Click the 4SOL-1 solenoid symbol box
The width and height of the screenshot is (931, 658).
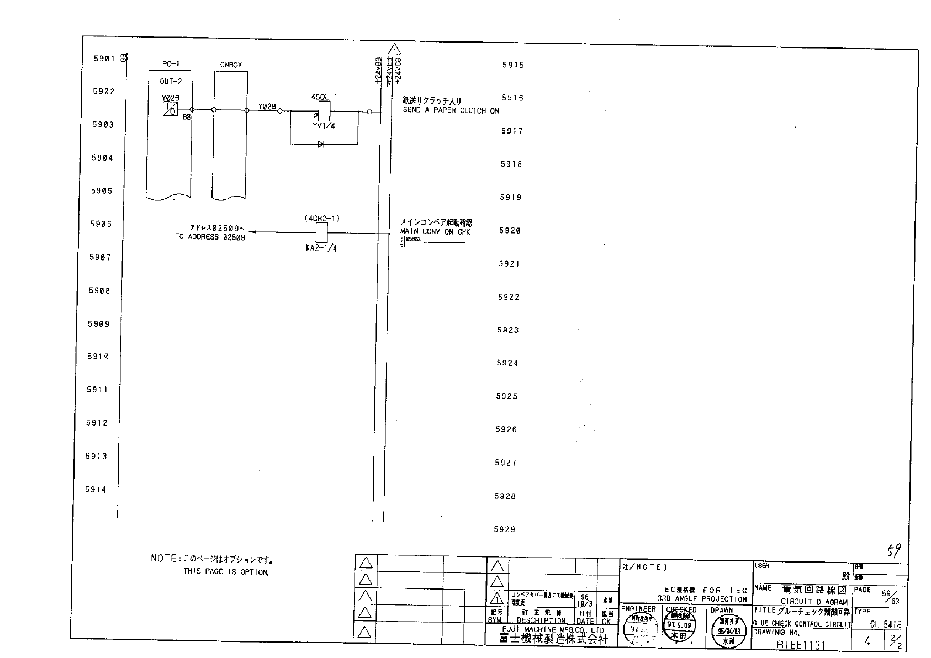click(324, 112)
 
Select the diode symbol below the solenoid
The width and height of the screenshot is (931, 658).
click(320, 144)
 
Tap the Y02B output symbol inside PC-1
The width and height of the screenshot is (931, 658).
click(170, 109)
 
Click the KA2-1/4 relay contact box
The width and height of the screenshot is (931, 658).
click(320, 232)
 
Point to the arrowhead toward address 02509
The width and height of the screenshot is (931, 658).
click(252, 232)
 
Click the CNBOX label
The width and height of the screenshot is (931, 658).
click(231, 65)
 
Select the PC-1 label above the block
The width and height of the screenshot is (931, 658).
click(171, 64)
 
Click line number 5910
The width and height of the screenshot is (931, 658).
click(98, 357)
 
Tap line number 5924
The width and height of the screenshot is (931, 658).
click(507, 363)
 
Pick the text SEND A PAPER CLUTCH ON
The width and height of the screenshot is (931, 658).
click(451, 110)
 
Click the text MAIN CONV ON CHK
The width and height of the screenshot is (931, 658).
click(435, 232)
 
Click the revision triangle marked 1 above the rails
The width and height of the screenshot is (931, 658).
click(394, 49)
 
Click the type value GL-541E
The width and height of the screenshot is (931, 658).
click(885, 625)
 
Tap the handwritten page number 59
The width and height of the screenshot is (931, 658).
click(893, 550)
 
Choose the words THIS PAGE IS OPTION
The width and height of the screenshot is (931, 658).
click(226, 572)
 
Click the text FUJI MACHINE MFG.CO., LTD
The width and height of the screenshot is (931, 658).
click(552, 630)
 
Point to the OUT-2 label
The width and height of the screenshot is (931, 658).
click(171, 82)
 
